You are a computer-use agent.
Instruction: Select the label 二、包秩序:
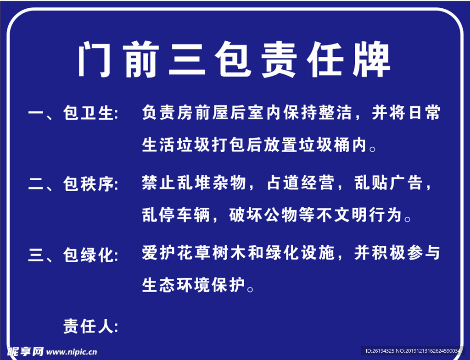click(x=73, y=184)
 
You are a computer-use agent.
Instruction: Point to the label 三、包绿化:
click(x=73, y=255)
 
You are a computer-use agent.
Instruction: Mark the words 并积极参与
click(x=397, y=253)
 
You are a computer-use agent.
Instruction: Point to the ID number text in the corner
click(x=413, y=351)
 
